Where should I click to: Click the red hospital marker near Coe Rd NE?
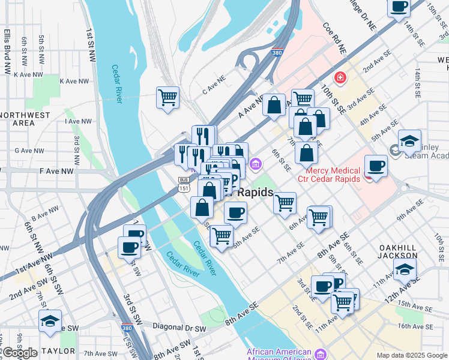click(340, 77)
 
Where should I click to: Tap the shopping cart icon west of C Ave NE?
click(167, 98)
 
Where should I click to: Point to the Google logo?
click(20, 353)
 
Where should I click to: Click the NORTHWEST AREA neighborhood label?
click(25, 118)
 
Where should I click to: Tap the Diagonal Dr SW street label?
click(179, 329)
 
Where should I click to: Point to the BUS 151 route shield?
click(184, 184)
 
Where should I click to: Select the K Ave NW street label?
click(28, 74)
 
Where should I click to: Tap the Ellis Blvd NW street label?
click(8, 51)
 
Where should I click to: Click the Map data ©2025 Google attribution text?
click(412, 355)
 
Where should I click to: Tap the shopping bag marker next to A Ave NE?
click(274, 106)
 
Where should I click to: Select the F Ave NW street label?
click(56, 171)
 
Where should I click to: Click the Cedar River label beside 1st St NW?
click(116, 84)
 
